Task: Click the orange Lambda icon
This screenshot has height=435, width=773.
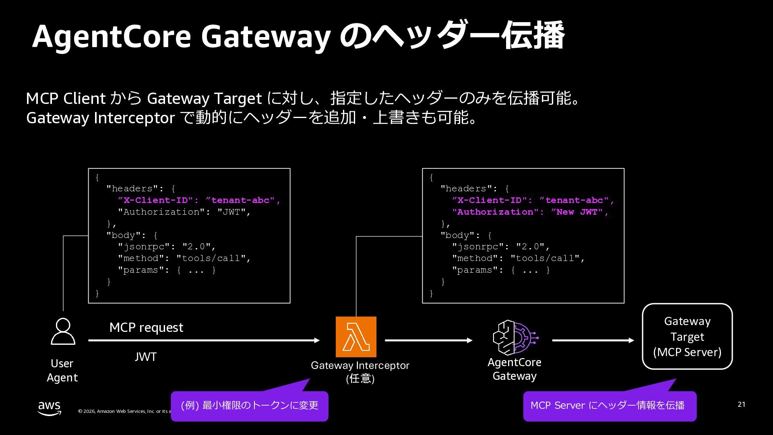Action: tap(356, 337)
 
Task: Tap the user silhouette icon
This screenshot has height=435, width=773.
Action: tap(63, 331)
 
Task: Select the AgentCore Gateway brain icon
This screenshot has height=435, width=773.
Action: tap(515, 338)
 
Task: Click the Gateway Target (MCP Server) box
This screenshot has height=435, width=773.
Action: tap(687, 336)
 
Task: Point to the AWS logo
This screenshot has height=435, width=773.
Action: tap(50, 408)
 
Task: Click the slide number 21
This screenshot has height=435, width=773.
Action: tap(741, 404)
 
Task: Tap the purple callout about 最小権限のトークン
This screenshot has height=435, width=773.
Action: tap(250, 406)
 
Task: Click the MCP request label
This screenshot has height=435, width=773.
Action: tap(146, 327)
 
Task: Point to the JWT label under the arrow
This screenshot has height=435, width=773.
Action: tap(145, 357)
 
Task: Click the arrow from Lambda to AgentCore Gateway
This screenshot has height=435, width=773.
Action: tap(428, 340)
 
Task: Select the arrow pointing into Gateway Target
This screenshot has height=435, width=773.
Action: tap(593, 340)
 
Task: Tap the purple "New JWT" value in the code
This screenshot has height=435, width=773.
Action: tap(579, 212)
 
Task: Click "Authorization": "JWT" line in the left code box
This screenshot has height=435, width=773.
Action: tap(184, 212)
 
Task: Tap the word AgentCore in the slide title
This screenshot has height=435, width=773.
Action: tap(112, 37)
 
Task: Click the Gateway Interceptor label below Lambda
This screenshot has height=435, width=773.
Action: tap(360, 366)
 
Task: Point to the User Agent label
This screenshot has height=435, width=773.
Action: tap(62, 371)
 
